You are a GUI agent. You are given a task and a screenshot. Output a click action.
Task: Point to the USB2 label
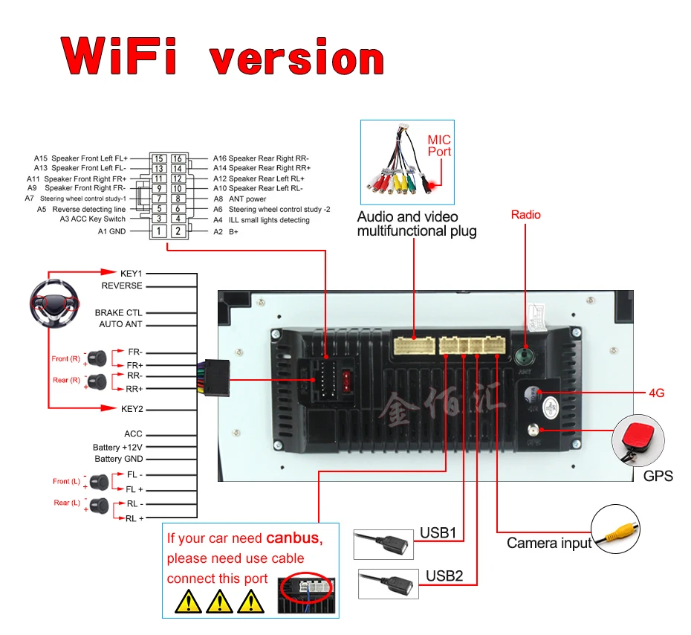[444, 576]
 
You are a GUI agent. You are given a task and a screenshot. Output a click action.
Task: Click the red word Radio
[526, 215]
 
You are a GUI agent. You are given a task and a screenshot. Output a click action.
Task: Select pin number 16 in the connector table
[178, 158]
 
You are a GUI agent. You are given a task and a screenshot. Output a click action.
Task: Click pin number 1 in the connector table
[158, 231]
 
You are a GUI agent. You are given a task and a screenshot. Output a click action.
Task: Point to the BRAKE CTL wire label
[118, 313]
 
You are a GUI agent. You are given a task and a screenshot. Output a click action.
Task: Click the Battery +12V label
[117, 448]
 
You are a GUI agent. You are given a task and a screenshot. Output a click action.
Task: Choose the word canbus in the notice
[293, 538]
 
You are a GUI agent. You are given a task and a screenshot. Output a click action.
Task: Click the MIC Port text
[439, 146]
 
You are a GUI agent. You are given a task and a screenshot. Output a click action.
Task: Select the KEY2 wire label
[132, 409]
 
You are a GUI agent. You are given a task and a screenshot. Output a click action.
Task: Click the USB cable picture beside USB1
[383, 543]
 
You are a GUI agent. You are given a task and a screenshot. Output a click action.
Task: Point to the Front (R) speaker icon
[97, 358]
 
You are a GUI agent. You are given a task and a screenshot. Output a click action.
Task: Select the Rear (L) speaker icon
[98, 506]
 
